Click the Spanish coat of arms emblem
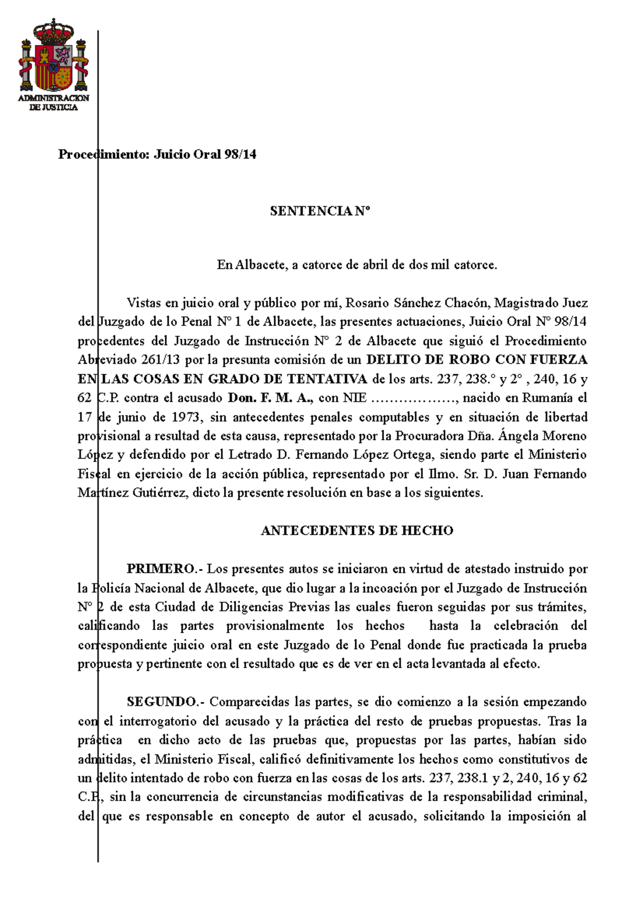pos(54,56)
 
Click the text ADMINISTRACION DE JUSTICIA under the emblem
pos(54,103)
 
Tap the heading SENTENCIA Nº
pos(320,211)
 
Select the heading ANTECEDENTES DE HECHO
pos(357,531)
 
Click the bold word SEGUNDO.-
pos(166,702)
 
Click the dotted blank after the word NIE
pos(414,398)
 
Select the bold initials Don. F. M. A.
pos(271,398)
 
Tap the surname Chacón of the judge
pos(466,303)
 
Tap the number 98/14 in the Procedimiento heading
pos(240,155)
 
